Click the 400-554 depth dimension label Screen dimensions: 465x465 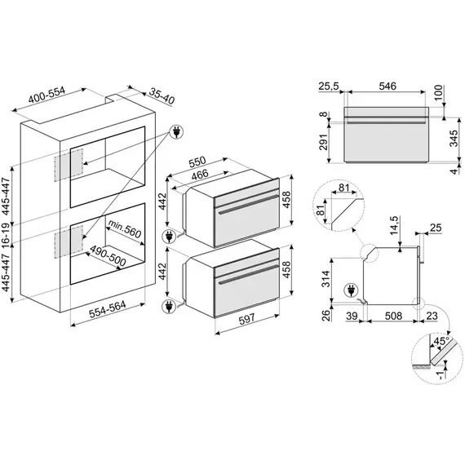pyautogui.click(x=46, y=95)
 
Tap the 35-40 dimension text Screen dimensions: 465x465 pyautogui.click(x=162, y=96)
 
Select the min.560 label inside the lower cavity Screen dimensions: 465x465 pyautogui.click(x=125, y=228)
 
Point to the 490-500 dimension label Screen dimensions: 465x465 pyautogui.click(x=108, y=255)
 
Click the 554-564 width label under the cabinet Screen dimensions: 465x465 pyautogui.click(x=108, y=309)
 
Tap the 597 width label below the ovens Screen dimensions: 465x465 pyautogui.click(x=247, y=318)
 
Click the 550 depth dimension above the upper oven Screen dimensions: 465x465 pyautogui.click(x=197, y=162)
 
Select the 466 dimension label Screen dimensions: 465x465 pyautogui.click(x=200, y=174)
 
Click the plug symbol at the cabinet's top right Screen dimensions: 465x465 pyautogui.click(x=176, y=131)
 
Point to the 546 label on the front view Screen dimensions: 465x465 pyautogui.click(x=387, y=86)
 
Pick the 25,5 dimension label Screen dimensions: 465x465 pyautogui.click(x=329, y=86)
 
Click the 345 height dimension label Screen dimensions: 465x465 pyautogui.click(x=454, y=138)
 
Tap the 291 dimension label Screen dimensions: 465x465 pyautogui.click(x=324, y=142)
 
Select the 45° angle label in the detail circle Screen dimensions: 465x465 pyautogui.click(x=441, y=341)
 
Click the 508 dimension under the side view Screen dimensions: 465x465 pyautogui.click(x=393, y=317)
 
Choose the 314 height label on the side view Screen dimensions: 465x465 pyautogui.click(x=325, y=278)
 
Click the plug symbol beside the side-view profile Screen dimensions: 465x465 pyautogui.click(x=351, y=290)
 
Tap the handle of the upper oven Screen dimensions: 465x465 pyautogui.click(x=248, y=204)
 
